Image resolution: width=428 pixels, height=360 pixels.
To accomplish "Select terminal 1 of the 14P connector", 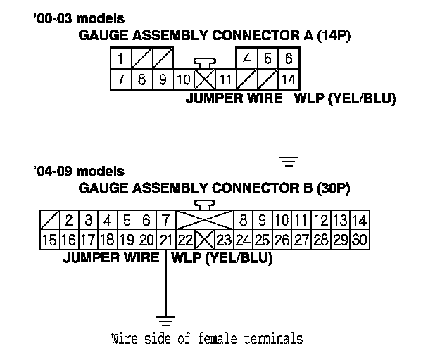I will tap(121, 59).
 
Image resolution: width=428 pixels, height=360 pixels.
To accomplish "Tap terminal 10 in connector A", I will tap(184, 79).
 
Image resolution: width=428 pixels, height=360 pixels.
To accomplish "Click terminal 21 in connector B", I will tap(165, 240).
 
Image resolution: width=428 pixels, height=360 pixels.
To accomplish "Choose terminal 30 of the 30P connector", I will tap(359, 240).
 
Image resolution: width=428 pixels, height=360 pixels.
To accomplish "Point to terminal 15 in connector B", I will tap(49, 240).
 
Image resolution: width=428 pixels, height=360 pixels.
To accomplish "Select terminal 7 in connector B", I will tap(165, 220).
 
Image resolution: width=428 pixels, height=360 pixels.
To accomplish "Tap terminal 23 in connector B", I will tap(224, 240).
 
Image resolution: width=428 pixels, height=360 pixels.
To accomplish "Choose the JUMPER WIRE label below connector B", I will tap(111, 257).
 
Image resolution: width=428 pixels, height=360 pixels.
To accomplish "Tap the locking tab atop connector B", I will tap(206, 204).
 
